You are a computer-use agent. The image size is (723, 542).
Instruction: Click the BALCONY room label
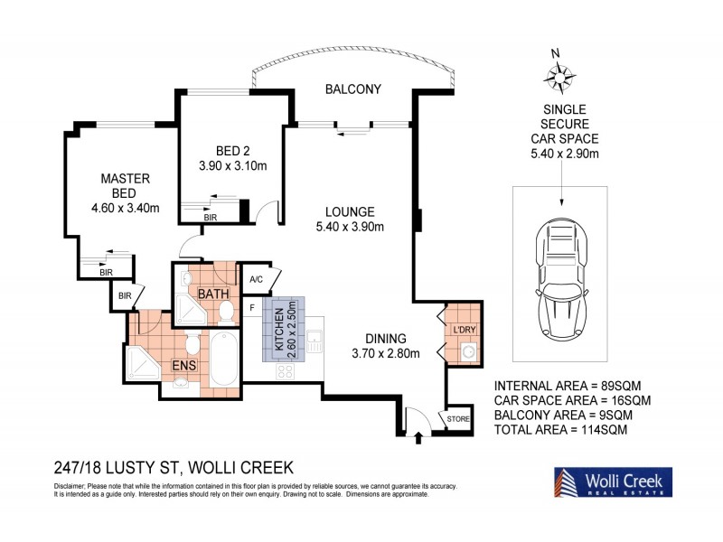353,89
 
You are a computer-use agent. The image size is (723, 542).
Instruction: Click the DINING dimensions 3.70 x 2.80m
386,353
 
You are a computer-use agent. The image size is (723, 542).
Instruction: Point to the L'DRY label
464,330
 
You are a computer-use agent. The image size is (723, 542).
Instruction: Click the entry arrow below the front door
418,441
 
